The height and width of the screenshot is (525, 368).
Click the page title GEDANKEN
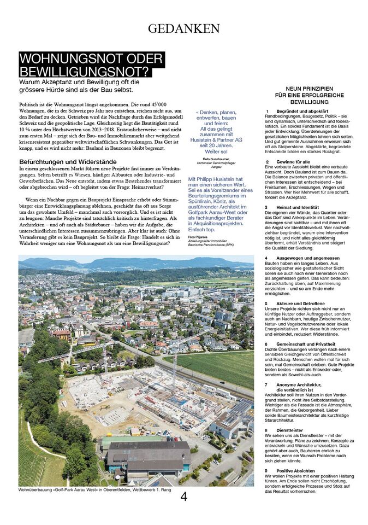(x=184, y=29)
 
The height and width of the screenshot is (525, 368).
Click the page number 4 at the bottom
(x=184, y=497)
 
